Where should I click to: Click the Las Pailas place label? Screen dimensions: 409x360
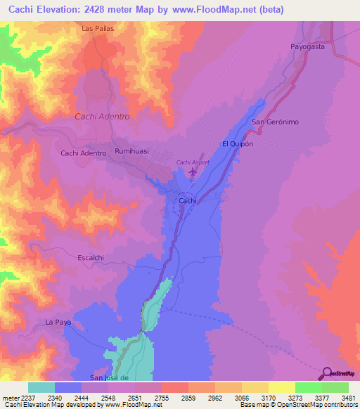click(97, 29)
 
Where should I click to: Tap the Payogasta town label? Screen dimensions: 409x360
click(308, 46)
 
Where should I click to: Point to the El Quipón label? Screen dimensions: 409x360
click(237, 143)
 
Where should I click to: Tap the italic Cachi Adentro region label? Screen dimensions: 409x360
click(102, 117)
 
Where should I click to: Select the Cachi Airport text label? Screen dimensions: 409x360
click(193, 162)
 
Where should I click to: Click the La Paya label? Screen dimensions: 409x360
click(58, 322)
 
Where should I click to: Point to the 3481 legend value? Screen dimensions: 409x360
click(348, 397)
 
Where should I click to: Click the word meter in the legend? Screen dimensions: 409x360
click(10, 397)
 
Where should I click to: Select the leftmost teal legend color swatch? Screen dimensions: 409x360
click(41, 387)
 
